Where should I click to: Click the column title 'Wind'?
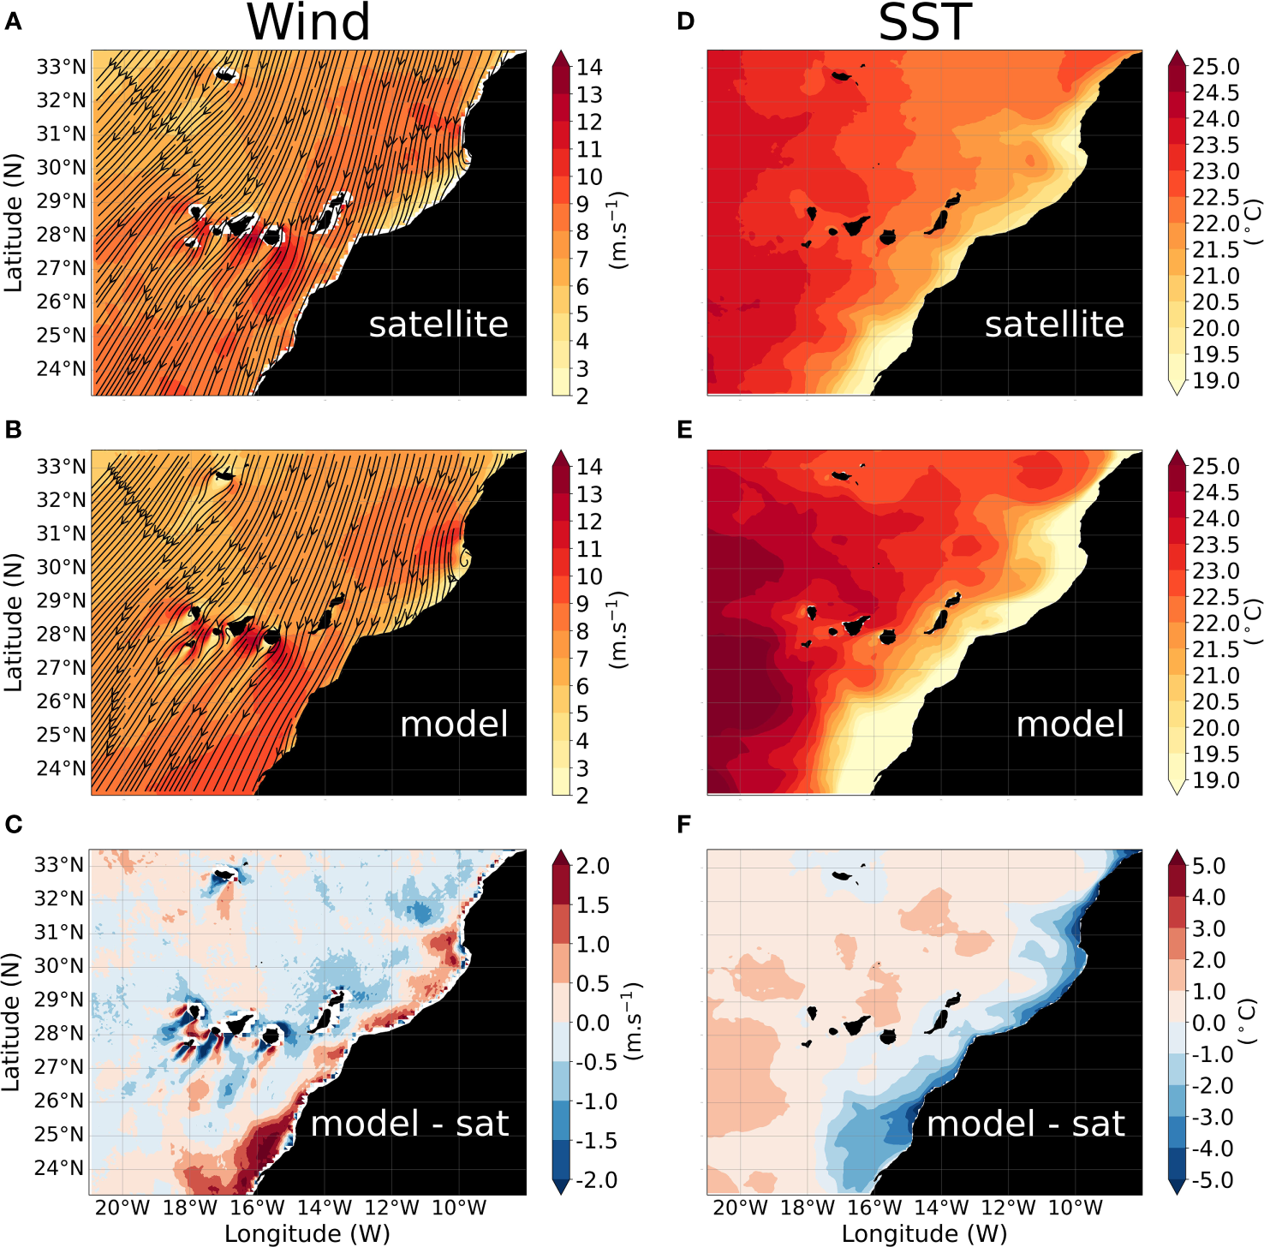(x=308, y=22)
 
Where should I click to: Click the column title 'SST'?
(x=925, y=22)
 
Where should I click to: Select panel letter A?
(x=13, y=21)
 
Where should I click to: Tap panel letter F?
(x=683, y=824)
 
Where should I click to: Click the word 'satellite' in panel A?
(x=438, y=325)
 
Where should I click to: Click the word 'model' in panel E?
(x=1070, y=725)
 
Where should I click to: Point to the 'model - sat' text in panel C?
(x=409, y=1124)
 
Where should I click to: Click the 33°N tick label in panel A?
(x=61, y=67)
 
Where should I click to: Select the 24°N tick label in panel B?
(x=61, y=768)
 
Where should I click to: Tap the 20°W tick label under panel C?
(x=122, y=1208)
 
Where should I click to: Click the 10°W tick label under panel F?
(x=1076, y=1208)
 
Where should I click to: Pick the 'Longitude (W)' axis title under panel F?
(x=924, y=1233)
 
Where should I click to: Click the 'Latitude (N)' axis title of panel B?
(x=13, y=623)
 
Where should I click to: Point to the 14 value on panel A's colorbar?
(x=589, y=67)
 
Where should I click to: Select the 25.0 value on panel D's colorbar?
(x=1215, y=67)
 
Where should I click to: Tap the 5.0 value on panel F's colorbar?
(x=1208, y=866)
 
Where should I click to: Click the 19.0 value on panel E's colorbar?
(x=1215, y=780)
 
